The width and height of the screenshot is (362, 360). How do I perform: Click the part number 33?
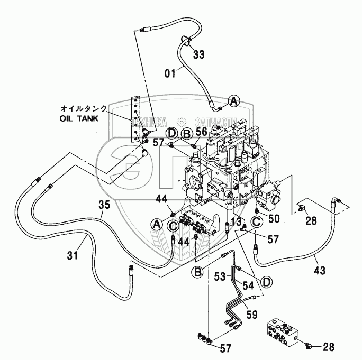point(198,54)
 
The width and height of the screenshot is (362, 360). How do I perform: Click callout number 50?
point(274,218)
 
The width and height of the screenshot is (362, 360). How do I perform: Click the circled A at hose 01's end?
point(234,100)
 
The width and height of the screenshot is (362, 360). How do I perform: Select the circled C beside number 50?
point(256,222)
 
